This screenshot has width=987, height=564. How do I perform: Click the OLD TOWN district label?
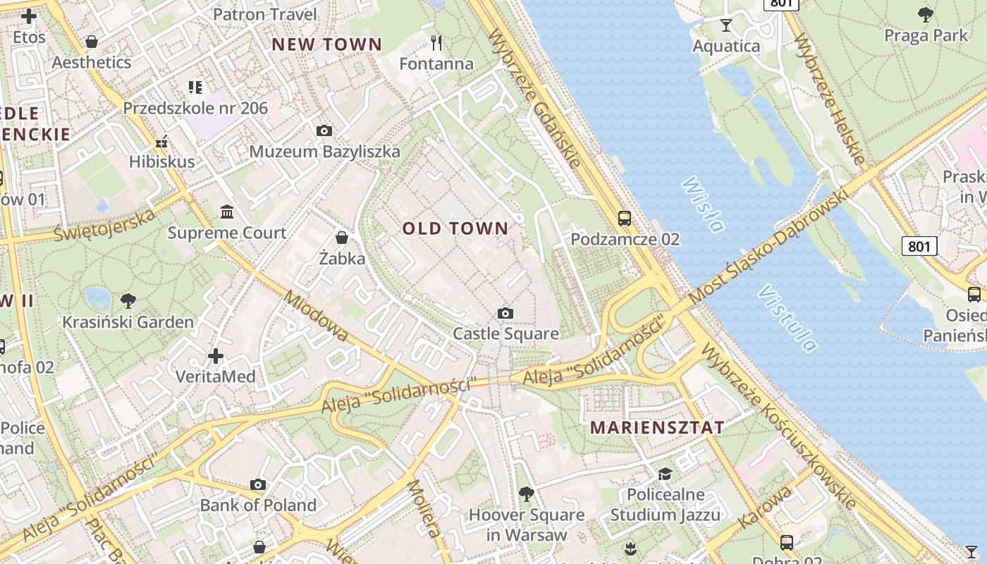tap(455, 228)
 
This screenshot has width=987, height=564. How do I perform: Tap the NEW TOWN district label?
tap(326, 44)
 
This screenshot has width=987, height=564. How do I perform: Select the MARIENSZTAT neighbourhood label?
tap(657, 427)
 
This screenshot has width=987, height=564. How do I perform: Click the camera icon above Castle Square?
tap(505, 313)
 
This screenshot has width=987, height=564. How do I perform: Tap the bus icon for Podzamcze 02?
tap(625, 219)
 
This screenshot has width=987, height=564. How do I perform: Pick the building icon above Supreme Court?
tap(227, 212)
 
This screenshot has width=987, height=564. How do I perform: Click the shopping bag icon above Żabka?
tap(342, 238)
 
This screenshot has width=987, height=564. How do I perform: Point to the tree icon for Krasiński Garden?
tap(128, 301)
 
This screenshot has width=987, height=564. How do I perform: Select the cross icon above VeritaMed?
tap(216, 356)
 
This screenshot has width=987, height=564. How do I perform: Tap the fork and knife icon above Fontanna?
tap(436, 43)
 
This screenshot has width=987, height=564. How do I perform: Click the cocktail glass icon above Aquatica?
tap(726, 26)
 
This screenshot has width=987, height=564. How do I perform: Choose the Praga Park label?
tap(926, 35)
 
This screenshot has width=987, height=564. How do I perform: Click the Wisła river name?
tap(702, 204)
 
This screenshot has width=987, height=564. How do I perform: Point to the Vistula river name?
tap(788, 318)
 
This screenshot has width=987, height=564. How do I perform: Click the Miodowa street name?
tap(315, 315)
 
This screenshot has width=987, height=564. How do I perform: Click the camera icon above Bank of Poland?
tap(258, 485)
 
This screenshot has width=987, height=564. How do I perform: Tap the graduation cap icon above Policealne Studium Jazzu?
tap(665, 474)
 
